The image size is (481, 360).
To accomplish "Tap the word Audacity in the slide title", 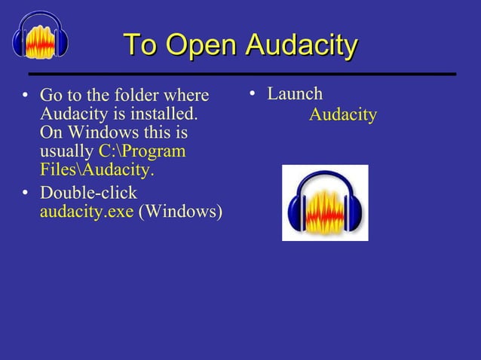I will [299, 46].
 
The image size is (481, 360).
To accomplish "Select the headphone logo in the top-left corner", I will [40, 35].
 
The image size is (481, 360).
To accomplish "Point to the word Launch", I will [295, 94].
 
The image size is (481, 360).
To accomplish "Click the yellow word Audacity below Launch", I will [343, 115].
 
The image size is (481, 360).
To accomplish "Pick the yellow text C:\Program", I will [142, 151].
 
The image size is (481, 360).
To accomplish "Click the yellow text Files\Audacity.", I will [97, 170].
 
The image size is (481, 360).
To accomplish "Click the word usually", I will [66, 151].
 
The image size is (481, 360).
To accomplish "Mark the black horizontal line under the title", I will [242, 75].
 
